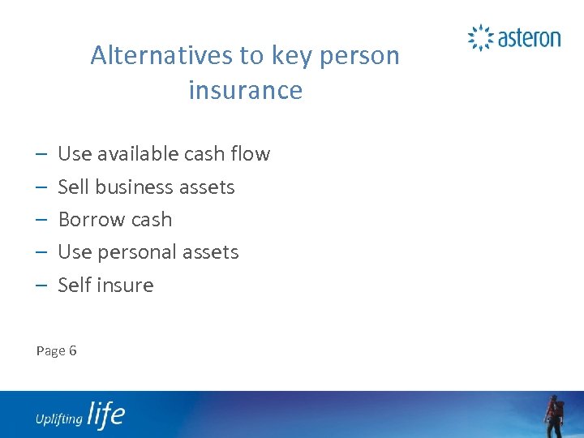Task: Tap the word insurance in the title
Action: point(245,90)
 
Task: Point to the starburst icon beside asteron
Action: point(481,37)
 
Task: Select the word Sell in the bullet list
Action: point(74,187)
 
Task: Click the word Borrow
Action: point(90,220)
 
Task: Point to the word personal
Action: point(136,252)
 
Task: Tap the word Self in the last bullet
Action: point(74,286)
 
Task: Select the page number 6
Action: point(73,351)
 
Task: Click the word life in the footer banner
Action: point(105,414)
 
